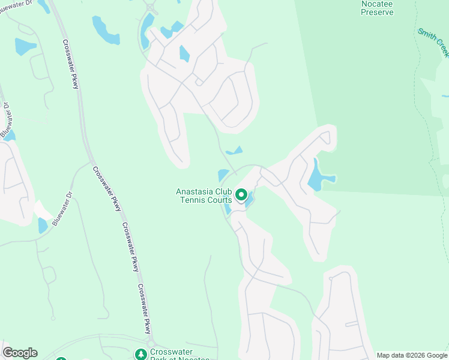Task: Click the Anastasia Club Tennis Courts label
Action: pyautogui.click(x=203, y=196)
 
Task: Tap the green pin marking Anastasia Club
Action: pyautogui.click(x=241, y=195)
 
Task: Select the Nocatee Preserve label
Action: pyautogui.click(x=378, y=8)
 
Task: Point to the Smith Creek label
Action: pyautogui.click(x=432, y=42)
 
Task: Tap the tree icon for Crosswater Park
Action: pyautogui.click(x=141, y=355)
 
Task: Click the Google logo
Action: pyautogui.click(x=20, y=353)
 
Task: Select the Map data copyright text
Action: pyautogui.click(x=412, y=355)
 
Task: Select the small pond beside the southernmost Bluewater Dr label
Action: pyautogui.click(x=43, y=226)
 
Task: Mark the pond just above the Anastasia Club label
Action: pyautogui.click(x=223, y=175)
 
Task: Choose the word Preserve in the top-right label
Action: pyautogui.click(x=378, y=12)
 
